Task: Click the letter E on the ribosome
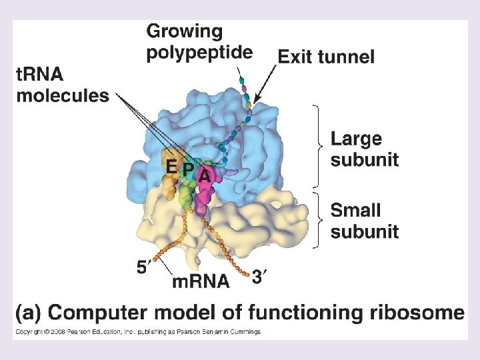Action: click(172, 167)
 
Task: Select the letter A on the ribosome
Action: click(204, 177)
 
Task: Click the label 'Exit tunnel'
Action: click(326, 57)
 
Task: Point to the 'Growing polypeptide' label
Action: click(199, 41)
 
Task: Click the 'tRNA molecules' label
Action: click(62, 85)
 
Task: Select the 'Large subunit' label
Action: click(365, 149)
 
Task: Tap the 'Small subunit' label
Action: click(365, 221)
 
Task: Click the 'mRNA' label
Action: click(201, 281)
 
